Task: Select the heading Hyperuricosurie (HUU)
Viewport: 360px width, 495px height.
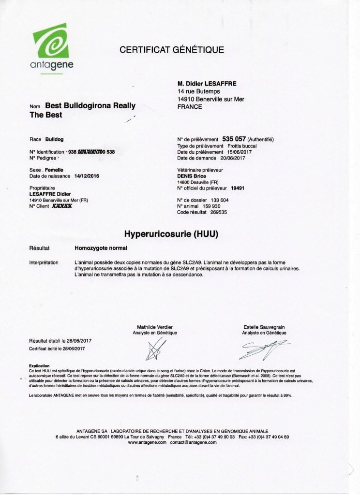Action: click(172, 235)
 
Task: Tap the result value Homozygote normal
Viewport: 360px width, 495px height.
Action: click(101, 248)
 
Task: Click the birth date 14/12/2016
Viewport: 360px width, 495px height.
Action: click(87, 176)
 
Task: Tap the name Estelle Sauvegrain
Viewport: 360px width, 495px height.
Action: click(264, 327)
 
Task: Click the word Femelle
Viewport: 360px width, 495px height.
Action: click(55, 170)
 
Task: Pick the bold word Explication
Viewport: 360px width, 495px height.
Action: click(40, 366)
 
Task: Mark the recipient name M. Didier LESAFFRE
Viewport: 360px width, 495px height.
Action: click(207, 84)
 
